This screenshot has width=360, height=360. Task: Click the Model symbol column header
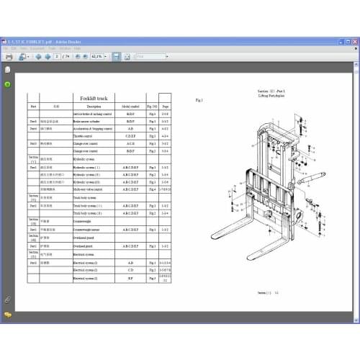tap(130, 106)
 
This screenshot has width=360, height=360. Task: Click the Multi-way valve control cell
tap(92, 189)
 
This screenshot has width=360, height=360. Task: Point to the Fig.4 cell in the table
tap(152, 189)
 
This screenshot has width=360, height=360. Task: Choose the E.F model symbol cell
tap(130, 278)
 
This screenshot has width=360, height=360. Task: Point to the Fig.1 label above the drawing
tap(199, 100)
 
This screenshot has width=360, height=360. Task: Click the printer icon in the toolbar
tap(9, 55)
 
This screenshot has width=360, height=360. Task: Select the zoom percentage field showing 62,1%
tap(97, 55)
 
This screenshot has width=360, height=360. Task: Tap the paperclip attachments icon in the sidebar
tap(7, 299)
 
